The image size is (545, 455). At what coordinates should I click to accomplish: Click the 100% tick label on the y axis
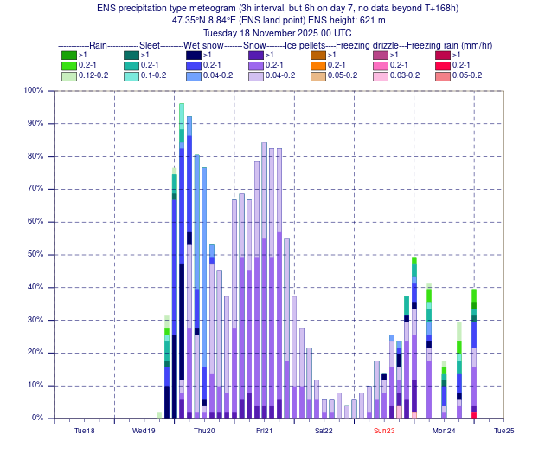pyautogui.click(x=34, y=90)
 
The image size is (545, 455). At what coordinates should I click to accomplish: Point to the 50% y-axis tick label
pyautogui.click(x=35, y=254)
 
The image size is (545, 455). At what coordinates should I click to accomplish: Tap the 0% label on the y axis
pyautogui.click(x=37, y=418)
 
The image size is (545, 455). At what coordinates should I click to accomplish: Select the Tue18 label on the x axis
pyautogui.click(x=85, y=431)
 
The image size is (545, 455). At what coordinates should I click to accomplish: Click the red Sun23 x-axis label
pyautogui.click(x=384, y=431)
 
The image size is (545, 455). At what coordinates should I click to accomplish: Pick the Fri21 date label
pyautogui.click(x=264, y=431)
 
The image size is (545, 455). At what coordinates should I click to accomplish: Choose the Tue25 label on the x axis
pyautogui.click(x=504, y=431)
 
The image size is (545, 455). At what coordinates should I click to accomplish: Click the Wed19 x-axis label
pyautogui.click(x=144, y=431)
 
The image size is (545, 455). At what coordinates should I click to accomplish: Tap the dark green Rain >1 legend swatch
pyautogui.click(x=69, y=55)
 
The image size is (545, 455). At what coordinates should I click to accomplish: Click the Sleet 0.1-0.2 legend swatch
pyautogui.click(x=131, y=76)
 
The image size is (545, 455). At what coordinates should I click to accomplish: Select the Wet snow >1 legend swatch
pyautogui.click(x=194, y=55)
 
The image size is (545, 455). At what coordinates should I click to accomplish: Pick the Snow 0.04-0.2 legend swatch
pyautogui.click(x=256, y=76)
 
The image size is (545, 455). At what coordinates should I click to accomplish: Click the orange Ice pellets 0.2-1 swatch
pyautogui.click(x=318, y=66)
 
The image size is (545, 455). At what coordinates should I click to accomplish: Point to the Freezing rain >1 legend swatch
pyautogui.click(x=443, y=55)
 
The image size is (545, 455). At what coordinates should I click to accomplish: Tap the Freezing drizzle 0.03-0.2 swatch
pyautogui.click(x=381, y=76)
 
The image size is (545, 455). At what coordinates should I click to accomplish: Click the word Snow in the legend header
pyautogui.click(x=254, y=45)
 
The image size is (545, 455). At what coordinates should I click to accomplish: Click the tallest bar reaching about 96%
pyautogui.click(x=181, y=260)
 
